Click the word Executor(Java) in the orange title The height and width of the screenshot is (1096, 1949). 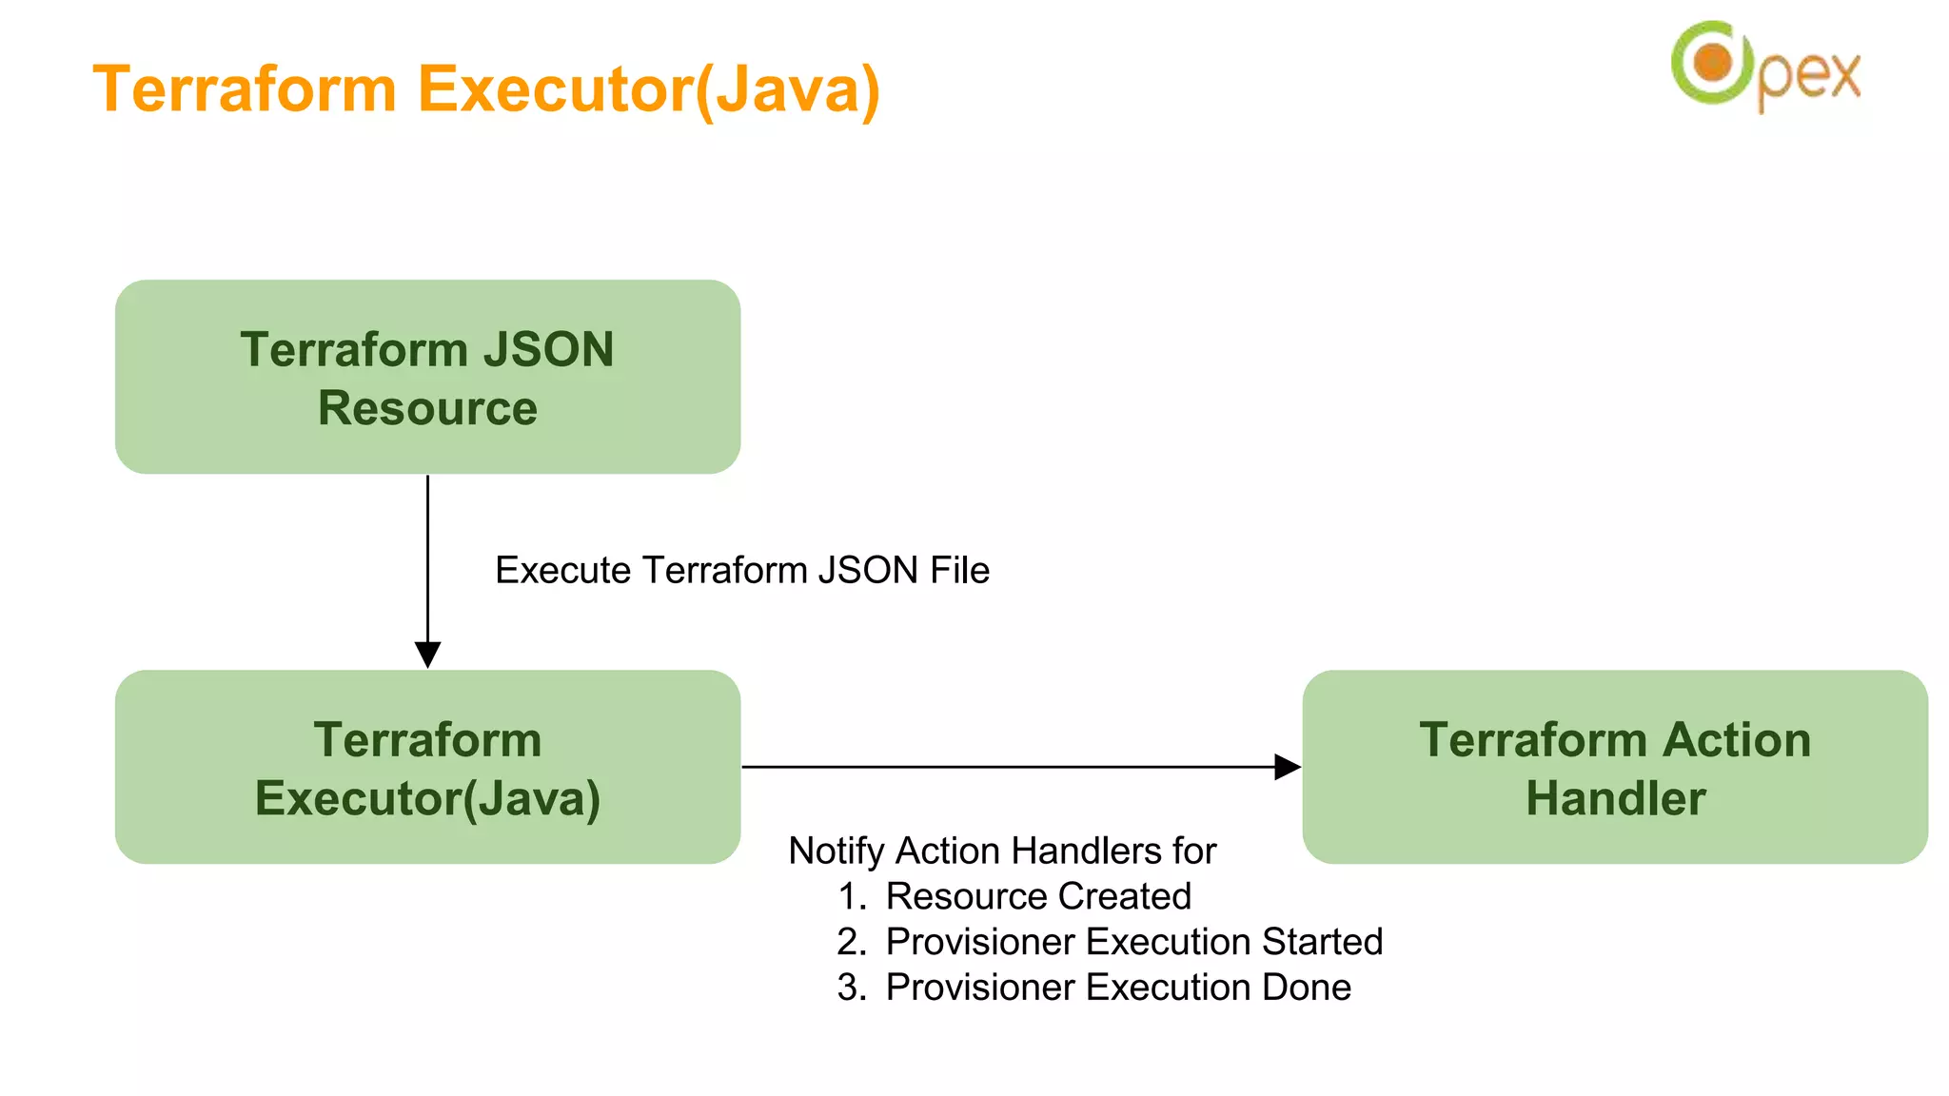click(x=649, y=89)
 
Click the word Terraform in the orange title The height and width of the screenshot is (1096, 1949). click(x=245, y=89)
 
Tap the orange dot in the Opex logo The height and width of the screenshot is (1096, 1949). click(x=1714, y=63)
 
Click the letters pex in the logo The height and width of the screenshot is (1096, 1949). click(x=1808, y=76)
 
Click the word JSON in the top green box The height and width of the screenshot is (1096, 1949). click(x=548, y=349)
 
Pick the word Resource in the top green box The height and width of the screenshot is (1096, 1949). click(x=427, y=408)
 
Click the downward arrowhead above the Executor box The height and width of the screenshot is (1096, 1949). click(x=427, y=655)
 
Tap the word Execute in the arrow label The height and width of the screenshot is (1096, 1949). click(x=563, y=570)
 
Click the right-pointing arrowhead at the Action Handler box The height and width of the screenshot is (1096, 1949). click(x=1287, y=767)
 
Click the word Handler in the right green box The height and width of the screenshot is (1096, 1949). click(x=1615, y=798)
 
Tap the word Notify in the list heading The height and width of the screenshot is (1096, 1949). click(x=837, y=851)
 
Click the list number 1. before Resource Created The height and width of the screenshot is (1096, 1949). click(x=852, y=896)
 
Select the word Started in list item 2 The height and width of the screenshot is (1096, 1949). click(x=1322, y=942)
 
